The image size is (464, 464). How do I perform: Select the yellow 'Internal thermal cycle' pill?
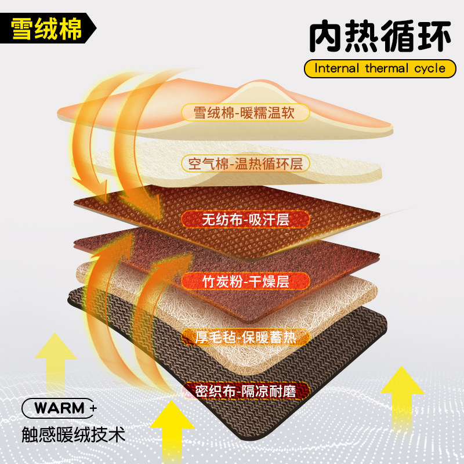pyautogui.click(x=380, y=68)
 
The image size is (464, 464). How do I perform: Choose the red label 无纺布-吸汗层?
pyautogui.click(x=245, y=219)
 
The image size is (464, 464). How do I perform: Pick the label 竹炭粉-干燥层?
pyautogui.click(x=246, y=282)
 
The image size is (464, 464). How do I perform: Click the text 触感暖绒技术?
pyautogui.click(x=72, y=434)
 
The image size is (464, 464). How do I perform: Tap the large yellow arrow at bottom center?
pyautogui.click(x=172, y=429)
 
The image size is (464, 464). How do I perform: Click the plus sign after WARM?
pyautogui.click(x=93, y=408)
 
